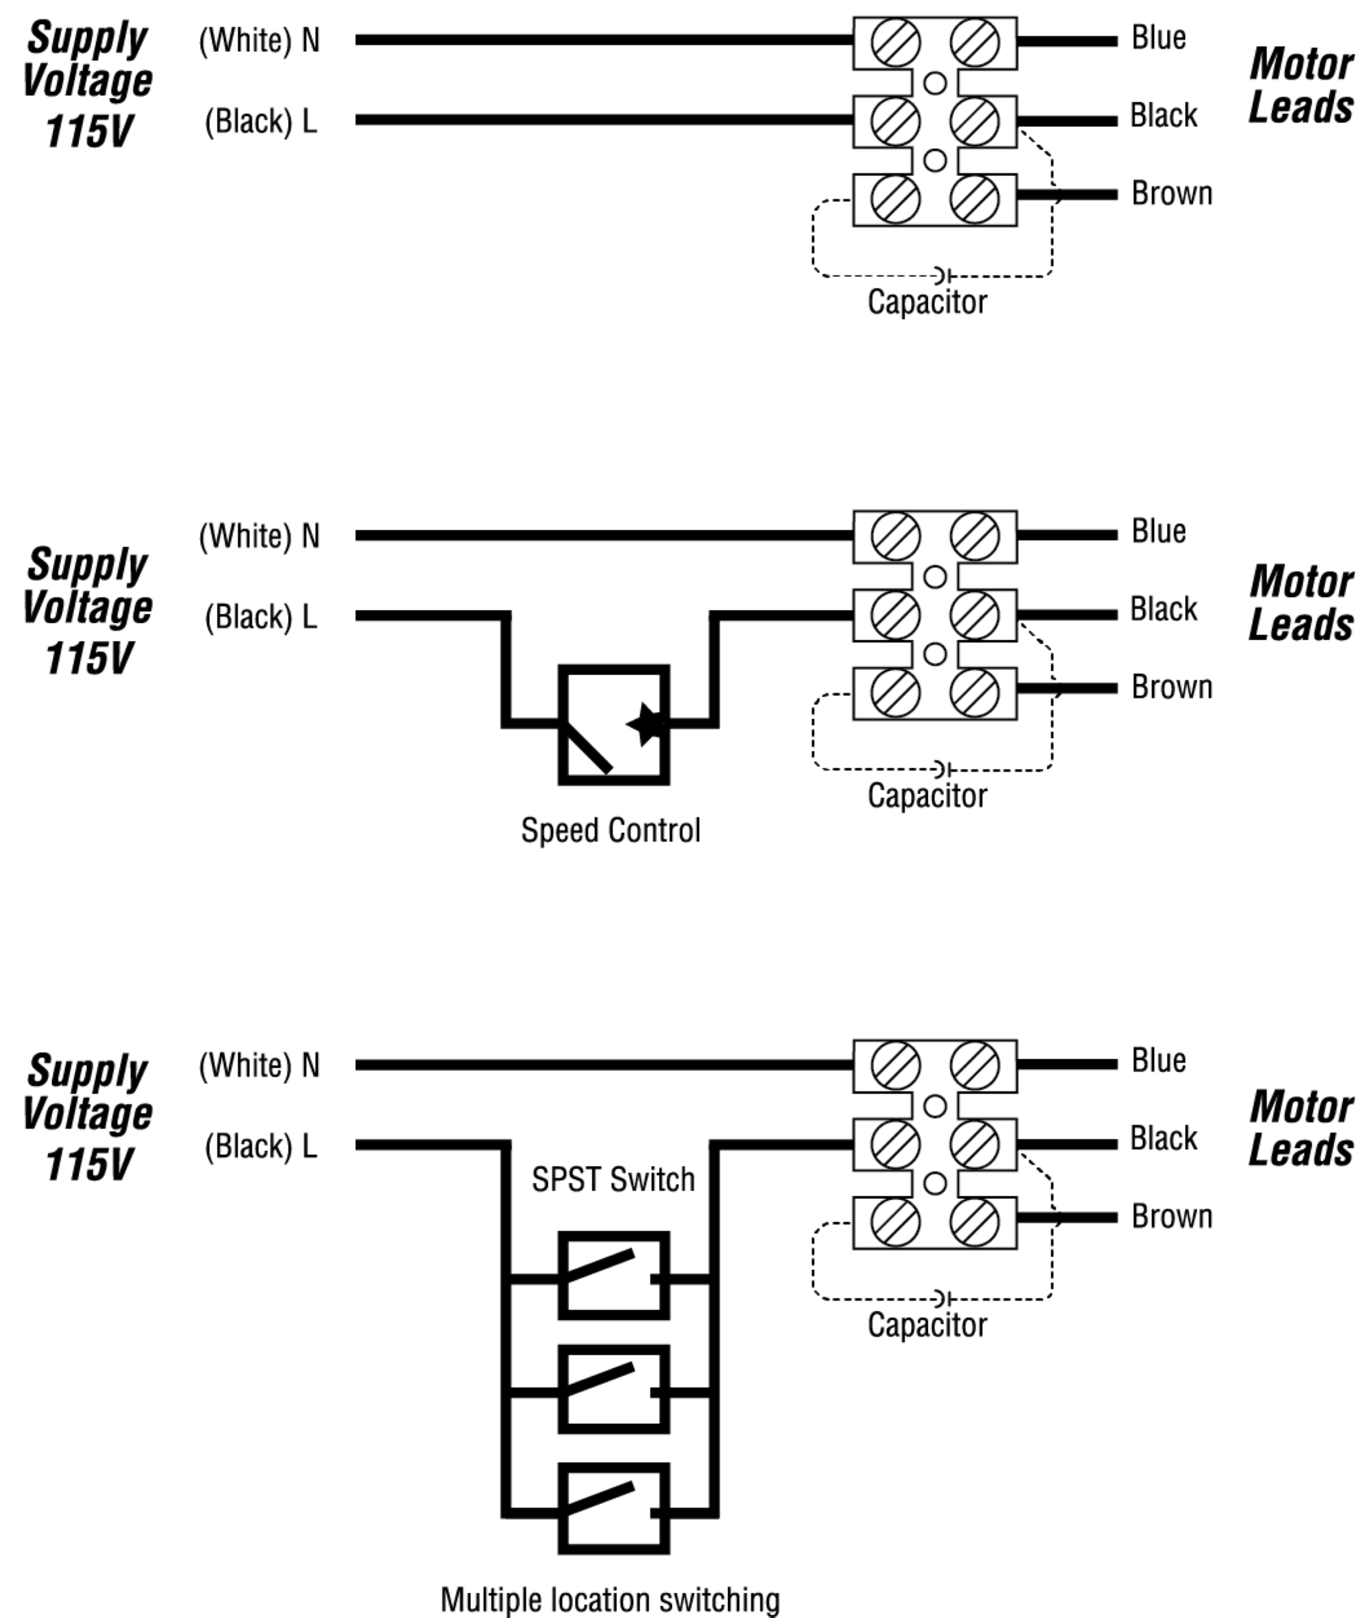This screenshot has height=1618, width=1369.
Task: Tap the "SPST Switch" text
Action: pyautogui.click(x=613, y=1179)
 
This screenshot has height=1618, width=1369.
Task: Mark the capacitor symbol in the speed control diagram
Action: pyautogui.click(x=943, y=769)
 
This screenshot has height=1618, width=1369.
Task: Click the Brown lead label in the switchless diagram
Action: pyautogui.click(x=1171, y=193)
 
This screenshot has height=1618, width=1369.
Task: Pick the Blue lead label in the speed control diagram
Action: pyautogui.click(x=1158, y=532)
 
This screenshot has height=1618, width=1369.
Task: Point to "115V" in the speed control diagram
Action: pyautogui.click(x=89, y=658)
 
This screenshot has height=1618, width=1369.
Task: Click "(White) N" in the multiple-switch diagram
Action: pyautogui.click(x=259, y=1065)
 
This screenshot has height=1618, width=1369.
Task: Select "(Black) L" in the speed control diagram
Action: pyautogui.click(x=261, y=617)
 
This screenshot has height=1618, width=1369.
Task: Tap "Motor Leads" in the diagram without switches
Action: pyautogui.click(x=1301, y=85)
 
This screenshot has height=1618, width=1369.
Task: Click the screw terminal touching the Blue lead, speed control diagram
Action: pyautogui.click(x=975, y=536)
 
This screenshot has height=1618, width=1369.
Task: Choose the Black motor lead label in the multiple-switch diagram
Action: pyautogui.click(x=1162, y=1139)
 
